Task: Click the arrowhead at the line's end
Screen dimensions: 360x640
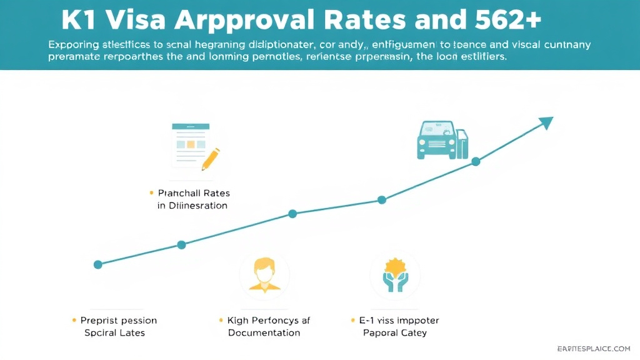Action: pyautogui.click(x=546, y=122)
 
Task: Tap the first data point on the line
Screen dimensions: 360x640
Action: pyautogui.click(x=97, y=264)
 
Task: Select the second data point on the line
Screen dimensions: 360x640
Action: pyautogui.click(x=181, y=245)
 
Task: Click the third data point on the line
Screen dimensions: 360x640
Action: pyautogui.click(x=292, y=214)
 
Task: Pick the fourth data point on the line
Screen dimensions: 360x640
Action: pyautogui.click(x=382, y=200)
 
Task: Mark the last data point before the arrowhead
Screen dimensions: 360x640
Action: pyautogui.click(x=476, y=161)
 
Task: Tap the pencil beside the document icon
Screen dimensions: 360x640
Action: pyautogui.click(x=211, y=158)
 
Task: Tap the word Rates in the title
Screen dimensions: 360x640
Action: pyautogui.click(x=374, y=21)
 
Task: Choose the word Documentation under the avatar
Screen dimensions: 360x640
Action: pyautogui.click(x=264, y=332)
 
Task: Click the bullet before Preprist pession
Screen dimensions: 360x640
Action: pyautogui.click(x=74, y=320)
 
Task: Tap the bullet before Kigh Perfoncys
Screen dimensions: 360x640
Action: pyautogui.click(x=221, y=320)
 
